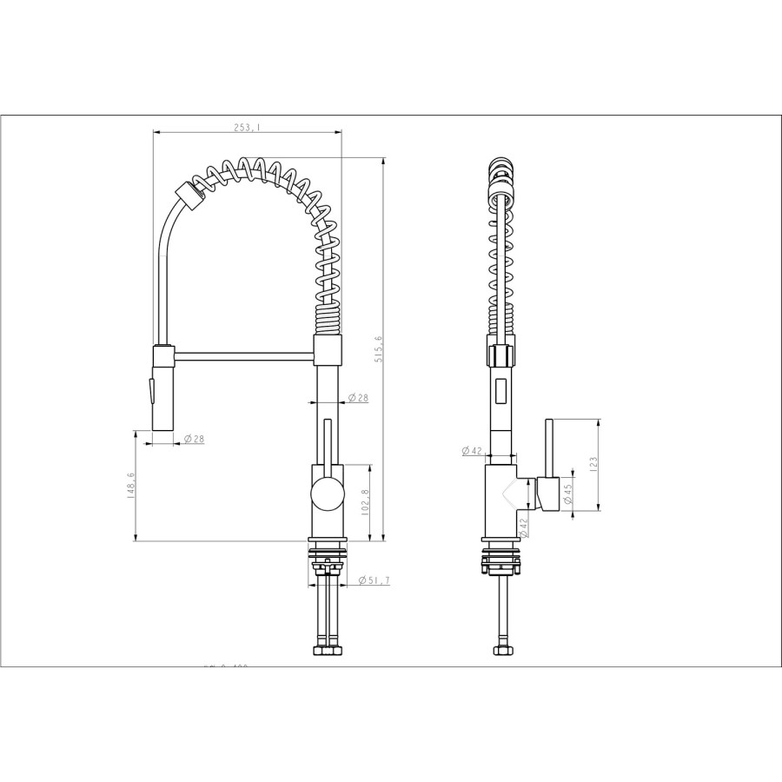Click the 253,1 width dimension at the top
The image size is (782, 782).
(246, 127)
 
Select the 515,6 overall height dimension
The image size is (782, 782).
(379, 349)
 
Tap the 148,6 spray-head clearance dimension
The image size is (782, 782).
(131, 486)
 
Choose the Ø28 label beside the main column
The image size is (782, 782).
(359, 398)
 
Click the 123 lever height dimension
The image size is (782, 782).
(593, 464)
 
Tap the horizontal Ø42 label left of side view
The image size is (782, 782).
(472, 450)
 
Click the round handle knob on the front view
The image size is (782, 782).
(327, 494)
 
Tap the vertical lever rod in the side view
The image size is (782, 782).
(548, 447)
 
